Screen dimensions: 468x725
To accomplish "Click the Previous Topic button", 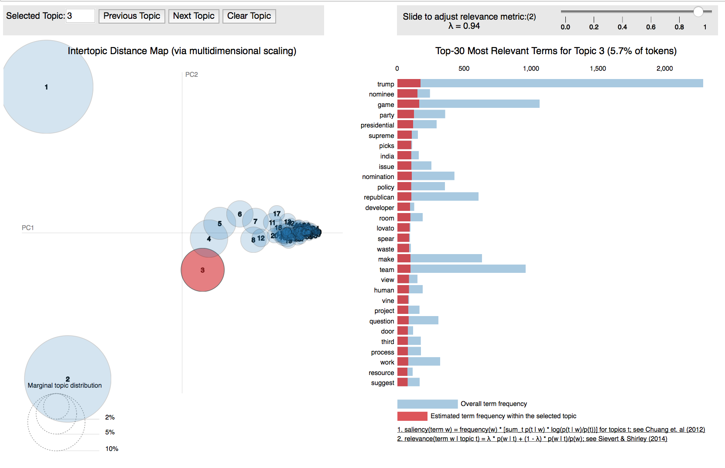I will (x=132, y=16).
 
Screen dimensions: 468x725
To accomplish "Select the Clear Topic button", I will (x=249, y=16).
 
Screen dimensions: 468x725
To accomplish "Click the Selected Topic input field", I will (x=80, y=16).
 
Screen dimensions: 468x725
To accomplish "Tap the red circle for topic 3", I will (x=202, y=270).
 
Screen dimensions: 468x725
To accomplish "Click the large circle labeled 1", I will (x=47, y=87).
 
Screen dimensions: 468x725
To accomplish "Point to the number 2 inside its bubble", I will (x=68, y=379).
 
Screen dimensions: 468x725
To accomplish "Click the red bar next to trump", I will (x=409, y=83).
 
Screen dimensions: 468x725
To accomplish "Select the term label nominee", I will (x=381, y=94).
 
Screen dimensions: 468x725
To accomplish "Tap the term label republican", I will (x=379, y=197).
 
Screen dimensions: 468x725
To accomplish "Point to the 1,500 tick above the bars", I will (x=598, y=69).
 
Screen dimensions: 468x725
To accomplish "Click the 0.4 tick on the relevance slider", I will (x=622, y=27).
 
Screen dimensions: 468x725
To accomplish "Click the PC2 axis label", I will (x=192, y=75).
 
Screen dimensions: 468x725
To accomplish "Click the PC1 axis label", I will (x=28, y=228).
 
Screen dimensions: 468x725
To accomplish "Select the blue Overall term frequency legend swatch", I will (x=427, y=404).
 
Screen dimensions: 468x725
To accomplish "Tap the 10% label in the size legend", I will (x=112, y=449).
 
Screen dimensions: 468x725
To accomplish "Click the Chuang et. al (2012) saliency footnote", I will (x=551, y=430).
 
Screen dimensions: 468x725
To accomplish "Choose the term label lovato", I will (x=385, y=228).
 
